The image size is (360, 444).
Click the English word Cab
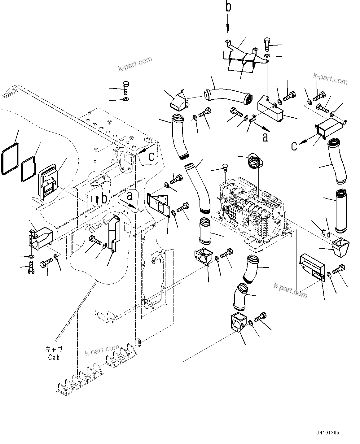(54, 357)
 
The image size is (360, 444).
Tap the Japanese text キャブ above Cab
(54, 349)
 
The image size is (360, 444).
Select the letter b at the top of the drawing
(228, 7)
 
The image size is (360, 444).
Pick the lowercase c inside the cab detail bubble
(151, 156)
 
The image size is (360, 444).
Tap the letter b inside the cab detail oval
(105, 198)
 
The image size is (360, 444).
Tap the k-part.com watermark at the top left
(135, 64)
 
